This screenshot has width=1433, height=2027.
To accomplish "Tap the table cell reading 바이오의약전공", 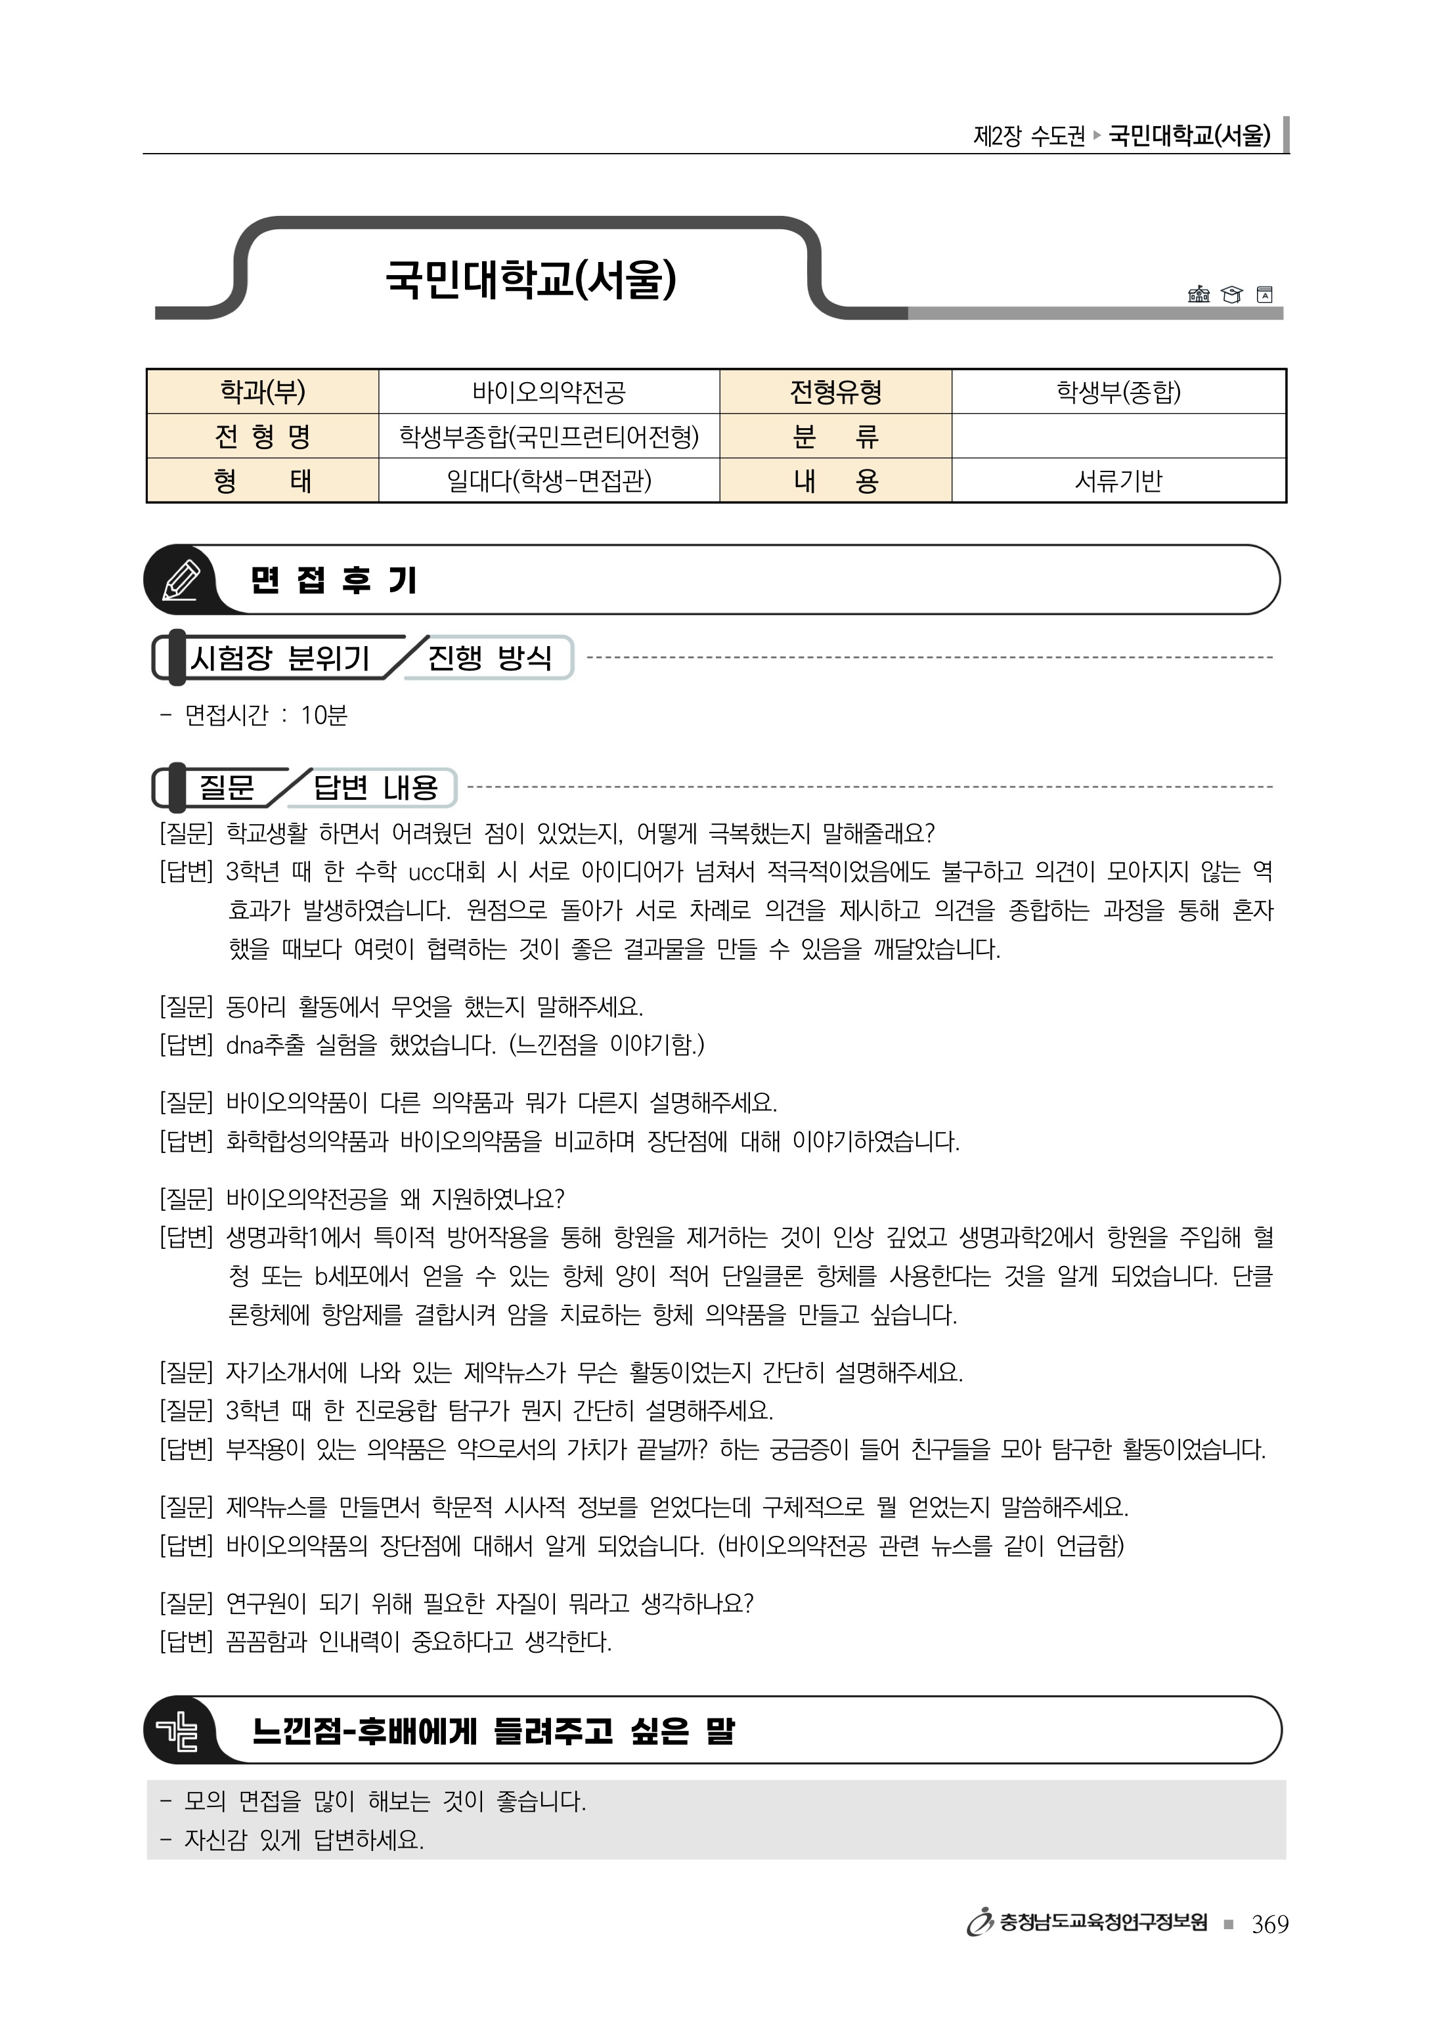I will click(x=548, y=391).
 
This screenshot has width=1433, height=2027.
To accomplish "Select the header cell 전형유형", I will click(x=835, y=391).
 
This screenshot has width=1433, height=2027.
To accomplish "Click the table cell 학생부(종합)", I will click(x=1118, y=391).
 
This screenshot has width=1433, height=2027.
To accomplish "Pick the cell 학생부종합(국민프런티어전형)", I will click(x=548, y=436).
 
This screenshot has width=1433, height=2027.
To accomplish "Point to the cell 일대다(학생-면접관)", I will click(x=548, y=480).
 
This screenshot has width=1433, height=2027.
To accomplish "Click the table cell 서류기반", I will click(x=1118, y=480).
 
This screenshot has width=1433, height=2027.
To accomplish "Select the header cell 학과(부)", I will click(x=262, y=391).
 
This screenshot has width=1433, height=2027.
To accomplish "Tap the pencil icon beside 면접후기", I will click(x=181, y=580).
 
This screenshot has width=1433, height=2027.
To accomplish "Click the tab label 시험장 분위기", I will click(x=280, y=658).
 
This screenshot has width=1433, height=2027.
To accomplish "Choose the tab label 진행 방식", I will click(x=489, y=658).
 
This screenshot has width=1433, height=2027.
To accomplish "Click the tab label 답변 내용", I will click(x=375, y=787).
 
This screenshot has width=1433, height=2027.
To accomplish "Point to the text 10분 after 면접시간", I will click(x=324, y=714).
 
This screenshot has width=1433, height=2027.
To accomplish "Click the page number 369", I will click(x=1269, y=1924).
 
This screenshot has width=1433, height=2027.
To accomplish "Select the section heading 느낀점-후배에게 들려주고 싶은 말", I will click(x=493, y=1732).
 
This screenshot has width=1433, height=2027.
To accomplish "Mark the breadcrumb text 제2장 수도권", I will click(x=1028, y=136).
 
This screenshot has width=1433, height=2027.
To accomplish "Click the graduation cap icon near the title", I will click(x=1231, y=295).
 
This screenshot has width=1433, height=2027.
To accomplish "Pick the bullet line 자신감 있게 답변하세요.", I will click(x=303, y=1840).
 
